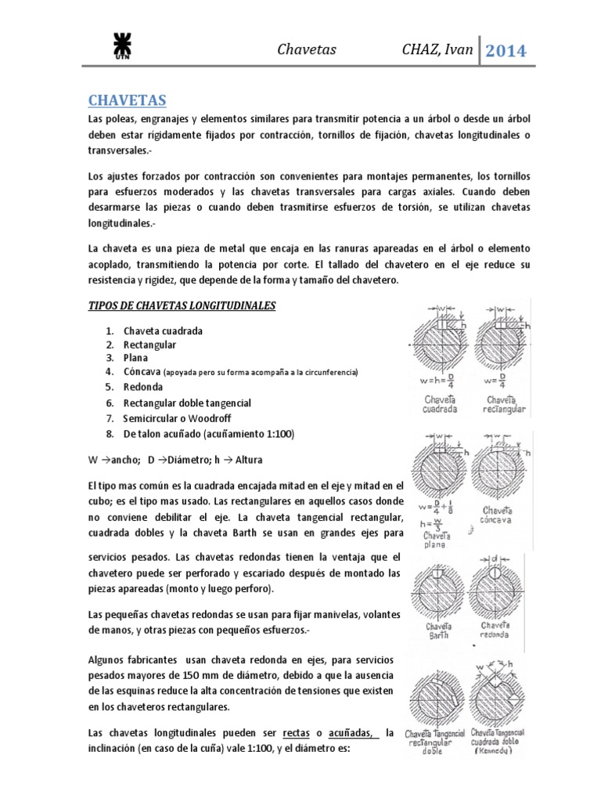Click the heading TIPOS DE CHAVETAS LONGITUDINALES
pyautogui.click(x=181, y=305)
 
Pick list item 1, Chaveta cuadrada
pyautogui.click(x=163, y=331)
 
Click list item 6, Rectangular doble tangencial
pyautogui.click(x=187, y=403)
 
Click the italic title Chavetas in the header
pyautogui.click(x=307, y=50)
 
